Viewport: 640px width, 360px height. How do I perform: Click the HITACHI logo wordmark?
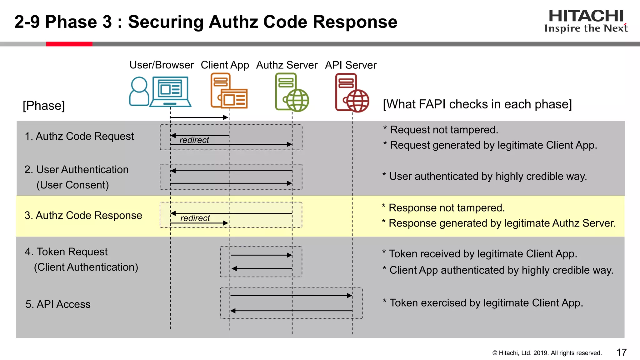(586, 16)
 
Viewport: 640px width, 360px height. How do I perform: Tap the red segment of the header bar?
(69, 44)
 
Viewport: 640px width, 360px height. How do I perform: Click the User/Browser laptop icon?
(170, 92)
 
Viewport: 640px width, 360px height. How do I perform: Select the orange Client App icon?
(229, 91)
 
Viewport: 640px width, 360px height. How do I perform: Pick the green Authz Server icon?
(292, 92)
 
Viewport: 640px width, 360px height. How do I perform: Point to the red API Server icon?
(352, 93)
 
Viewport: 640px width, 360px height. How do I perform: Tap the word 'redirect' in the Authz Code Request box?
(194, 140)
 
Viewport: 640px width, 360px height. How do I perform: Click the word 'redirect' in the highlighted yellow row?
(195, 218)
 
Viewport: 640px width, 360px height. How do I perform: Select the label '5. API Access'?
(58, 304)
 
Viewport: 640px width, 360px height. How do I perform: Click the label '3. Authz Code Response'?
(83, 215)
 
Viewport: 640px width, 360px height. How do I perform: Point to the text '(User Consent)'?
(72, 185)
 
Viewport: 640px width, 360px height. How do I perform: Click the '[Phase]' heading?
(44, 106)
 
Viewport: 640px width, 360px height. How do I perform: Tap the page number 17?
(621, 352)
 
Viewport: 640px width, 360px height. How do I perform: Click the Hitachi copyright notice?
(547, 353)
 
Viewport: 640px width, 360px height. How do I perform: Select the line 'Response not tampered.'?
(446, 208)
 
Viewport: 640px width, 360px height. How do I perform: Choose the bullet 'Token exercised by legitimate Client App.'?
(486, 303)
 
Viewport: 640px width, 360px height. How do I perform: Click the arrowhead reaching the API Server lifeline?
(350, 295)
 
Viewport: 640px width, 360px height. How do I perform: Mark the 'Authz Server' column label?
(287, 65)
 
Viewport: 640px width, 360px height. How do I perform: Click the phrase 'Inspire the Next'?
(586, 28)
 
